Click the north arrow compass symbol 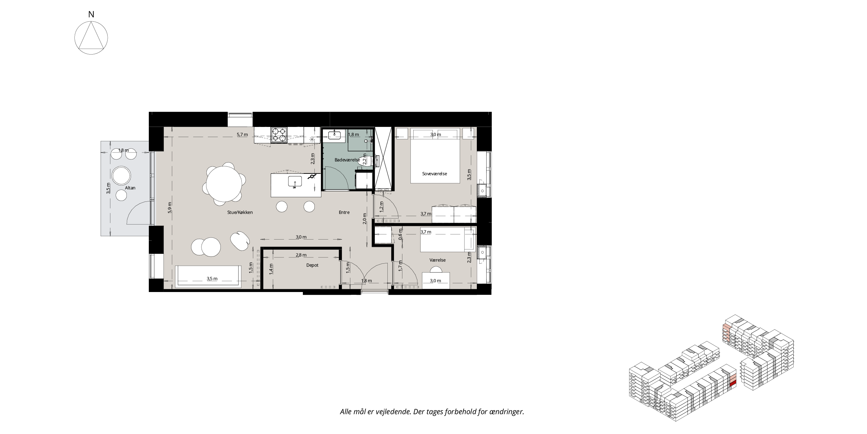pos(91,38)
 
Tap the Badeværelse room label pos(347,160)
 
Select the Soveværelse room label pos(435,173)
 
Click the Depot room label pos(312,265)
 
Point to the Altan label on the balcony pos(130,188)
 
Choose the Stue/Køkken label pos(240,212)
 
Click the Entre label pos(344,212)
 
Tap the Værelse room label pos(437,260)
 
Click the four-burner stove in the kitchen pos(279,135)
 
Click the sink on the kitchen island pos(295,182)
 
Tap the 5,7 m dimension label pos(242,134)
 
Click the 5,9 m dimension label pos(170,208)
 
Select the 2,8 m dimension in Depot pos(301,255)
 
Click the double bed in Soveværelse pos(435,156)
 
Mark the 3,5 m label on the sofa pos(212,279)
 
